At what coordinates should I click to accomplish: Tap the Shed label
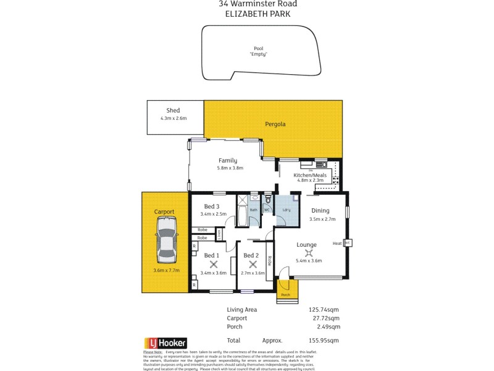(173, 111)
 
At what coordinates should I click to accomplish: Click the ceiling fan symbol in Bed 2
(252, 263)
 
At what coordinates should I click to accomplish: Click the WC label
(267, 210)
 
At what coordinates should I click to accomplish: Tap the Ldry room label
(287, 210)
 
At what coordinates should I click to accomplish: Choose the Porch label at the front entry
(285, 294)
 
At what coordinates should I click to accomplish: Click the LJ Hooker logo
(165, 343)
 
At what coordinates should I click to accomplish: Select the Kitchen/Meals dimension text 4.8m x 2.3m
(311, 181)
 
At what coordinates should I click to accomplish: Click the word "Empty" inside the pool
(258, 54)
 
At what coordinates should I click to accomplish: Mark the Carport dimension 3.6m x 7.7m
(165, 270)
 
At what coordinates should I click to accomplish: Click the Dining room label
(321, 210)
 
